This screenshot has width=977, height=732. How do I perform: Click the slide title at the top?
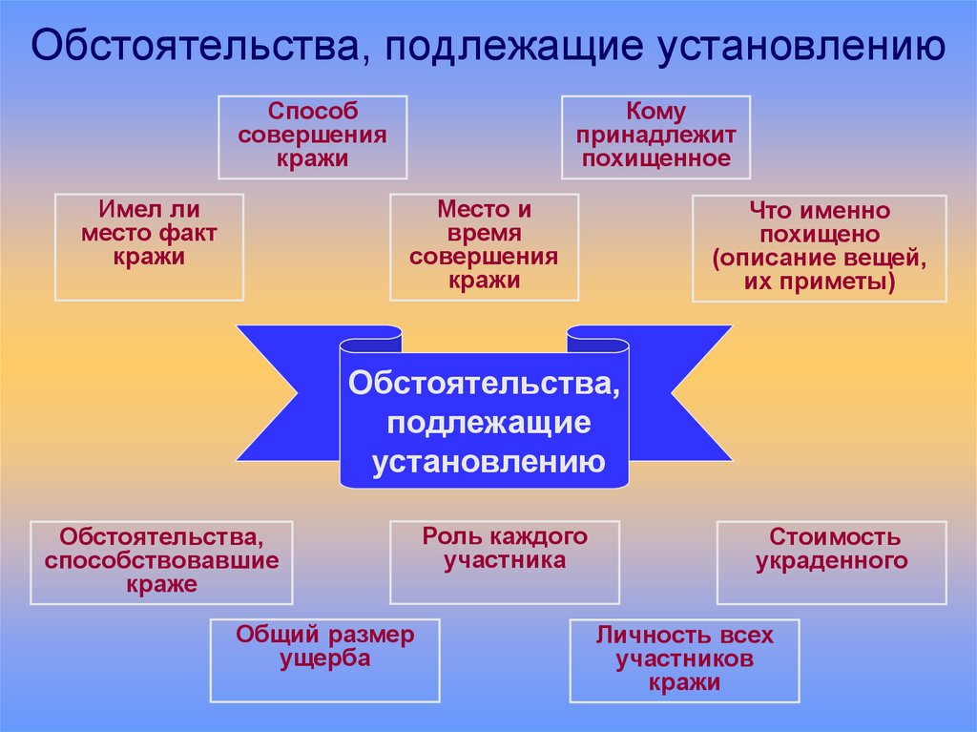point(488,46)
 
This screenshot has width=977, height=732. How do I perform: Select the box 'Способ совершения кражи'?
point(312,136)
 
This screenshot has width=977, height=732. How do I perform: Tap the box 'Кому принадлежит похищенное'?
point(655,136)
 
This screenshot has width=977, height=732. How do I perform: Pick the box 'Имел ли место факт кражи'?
point(149,246)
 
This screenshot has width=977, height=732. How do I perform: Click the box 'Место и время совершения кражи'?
point(484,246)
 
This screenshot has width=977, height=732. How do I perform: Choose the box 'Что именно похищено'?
point(819,247)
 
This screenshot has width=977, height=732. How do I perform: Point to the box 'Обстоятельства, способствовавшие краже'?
point(161,561)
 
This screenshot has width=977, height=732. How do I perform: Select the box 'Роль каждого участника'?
point(504,561)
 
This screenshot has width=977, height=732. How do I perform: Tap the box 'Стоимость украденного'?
point(831,561)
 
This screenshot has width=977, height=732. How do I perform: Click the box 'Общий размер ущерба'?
point(324,659)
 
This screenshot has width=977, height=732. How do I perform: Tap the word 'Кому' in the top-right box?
point(655,113)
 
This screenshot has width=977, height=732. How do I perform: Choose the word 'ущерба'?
point(324,659)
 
